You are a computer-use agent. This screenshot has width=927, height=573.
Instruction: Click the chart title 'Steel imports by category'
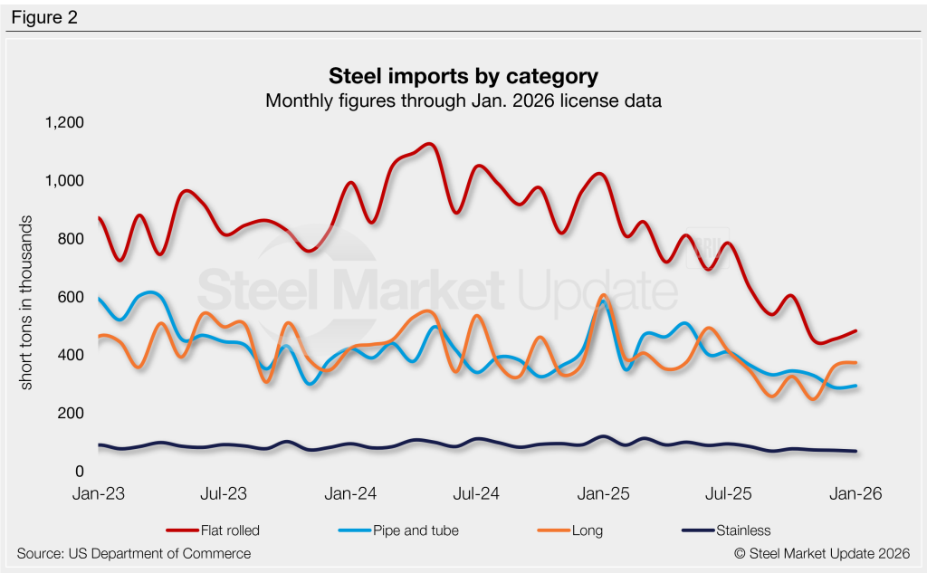point(463,74)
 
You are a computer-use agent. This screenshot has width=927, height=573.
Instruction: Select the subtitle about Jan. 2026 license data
point(463,100)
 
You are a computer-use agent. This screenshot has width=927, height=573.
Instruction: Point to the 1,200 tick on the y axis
point(64,122)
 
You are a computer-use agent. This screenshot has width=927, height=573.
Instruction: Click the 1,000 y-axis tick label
point(64,180)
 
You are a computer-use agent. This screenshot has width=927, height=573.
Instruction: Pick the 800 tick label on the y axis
point(70,239)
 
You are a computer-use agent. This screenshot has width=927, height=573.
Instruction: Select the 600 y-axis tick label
point(70,297)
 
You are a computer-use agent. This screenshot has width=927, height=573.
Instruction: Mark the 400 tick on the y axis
point(70,355)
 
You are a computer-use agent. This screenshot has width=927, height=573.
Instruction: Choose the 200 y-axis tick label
point(70,413)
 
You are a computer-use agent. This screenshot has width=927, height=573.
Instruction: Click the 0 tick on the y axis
point(79,472)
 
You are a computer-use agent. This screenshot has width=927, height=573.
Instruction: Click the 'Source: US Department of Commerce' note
point(134,553)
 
